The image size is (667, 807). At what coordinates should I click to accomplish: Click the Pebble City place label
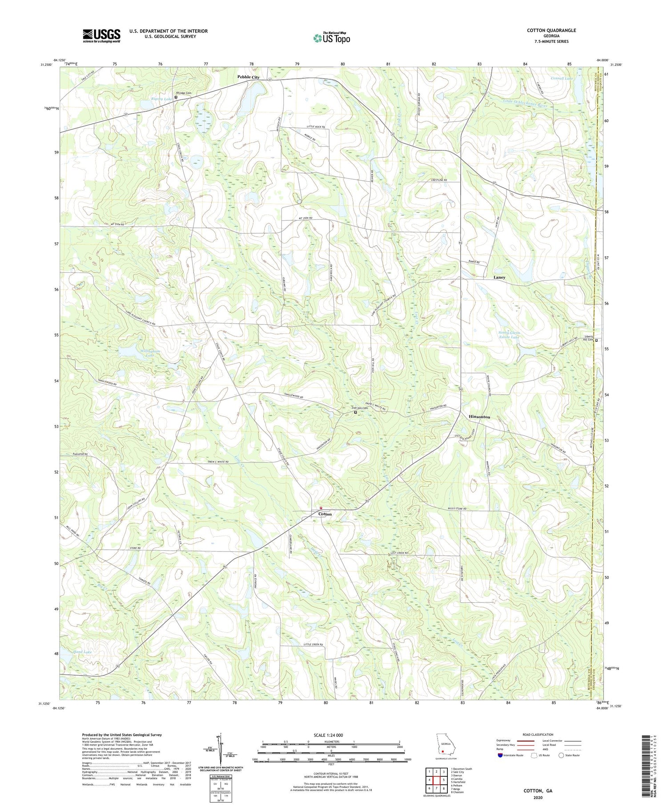pos(248,77)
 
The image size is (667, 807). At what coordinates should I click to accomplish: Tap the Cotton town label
pos(325,514)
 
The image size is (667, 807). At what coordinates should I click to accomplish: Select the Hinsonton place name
pos(479,417)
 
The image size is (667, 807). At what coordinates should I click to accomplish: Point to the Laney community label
pos(499,277)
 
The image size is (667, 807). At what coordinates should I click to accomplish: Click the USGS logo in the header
pos(101,36)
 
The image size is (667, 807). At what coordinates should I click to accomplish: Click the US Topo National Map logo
pos(331,38)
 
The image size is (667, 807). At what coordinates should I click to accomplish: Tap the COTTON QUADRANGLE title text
pos(551,30)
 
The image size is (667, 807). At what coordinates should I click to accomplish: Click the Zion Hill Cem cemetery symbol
pos(355,412)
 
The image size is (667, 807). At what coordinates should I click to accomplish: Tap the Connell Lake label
pos(562,78)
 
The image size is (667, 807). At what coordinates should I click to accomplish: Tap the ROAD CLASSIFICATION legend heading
pos(538,734)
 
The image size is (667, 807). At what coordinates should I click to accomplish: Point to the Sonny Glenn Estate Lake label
pos(508,335)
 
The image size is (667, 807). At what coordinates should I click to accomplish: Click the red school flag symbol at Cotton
pos(321,507)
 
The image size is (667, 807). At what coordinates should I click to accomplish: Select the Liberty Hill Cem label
pos(588,338)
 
